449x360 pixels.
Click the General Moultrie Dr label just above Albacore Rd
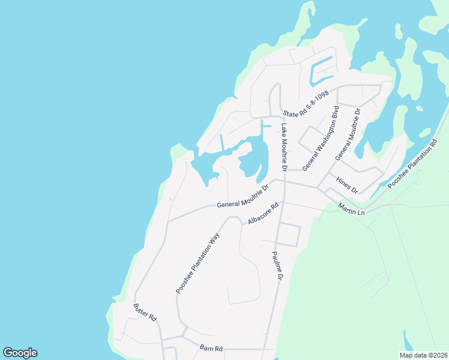tap(243, 199)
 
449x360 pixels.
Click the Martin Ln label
tap(351, 209)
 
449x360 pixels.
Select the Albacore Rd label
tap(264, 214)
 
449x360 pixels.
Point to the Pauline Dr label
tap(277, 266)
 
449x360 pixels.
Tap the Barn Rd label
tap(211, 349)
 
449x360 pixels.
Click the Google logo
tap(20, 353)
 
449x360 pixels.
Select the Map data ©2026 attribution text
tap(423, 355)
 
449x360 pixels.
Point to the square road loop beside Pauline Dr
tap(289, 234)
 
